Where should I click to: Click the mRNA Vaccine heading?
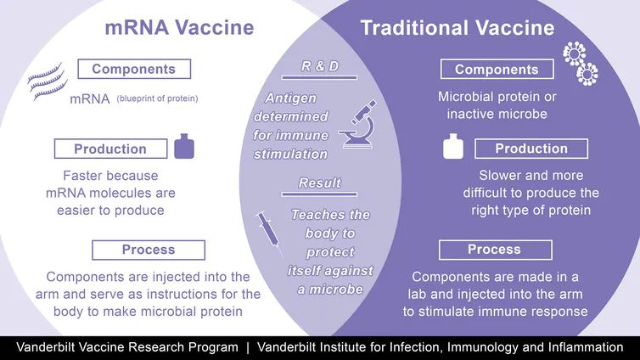click(x=179, y=28)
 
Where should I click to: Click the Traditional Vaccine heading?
click(x=458, y=28)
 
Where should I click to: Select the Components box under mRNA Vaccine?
click(x=134, y=69)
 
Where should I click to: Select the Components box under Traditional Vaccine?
click(x=497, y=70)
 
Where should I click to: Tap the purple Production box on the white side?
click(x=110, y=149)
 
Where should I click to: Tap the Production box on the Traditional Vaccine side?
click(x=531, y=149)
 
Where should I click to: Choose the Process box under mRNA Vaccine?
click(x=149, y=250)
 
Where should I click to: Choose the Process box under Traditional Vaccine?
click(x=496, y=250)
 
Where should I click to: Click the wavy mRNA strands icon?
click(x=48, y=82)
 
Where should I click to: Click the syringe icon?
click(x=269, y=233)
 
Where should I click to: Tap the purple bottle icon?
click(x=184, y=146)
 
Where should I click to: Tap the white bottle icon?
click(x=453, y=146)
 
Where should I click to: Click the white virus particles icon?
click(x=580, y=64)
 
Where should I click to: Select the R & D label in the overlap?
click(x=320, y=66)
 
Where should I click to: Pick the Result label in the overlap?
click(x=320, y=183)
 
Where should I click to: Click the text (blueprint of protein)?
click(x=157, y=98)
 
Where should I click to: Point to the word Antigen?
click(x=290, y=98)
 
